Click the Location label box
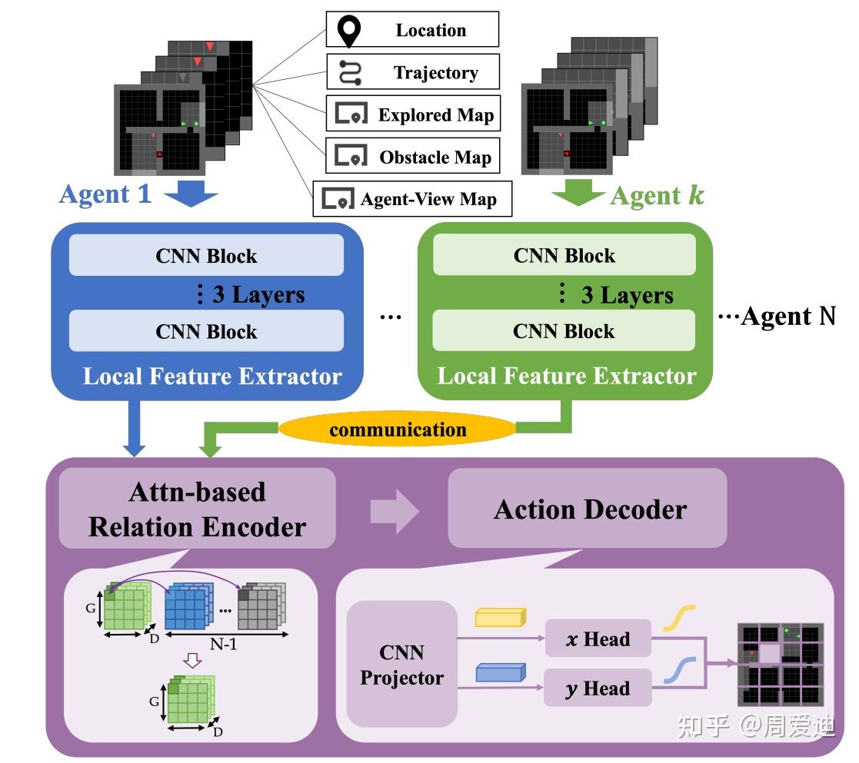coord(412,30)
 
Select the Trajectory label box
coord(413,72)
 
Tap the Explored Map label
coord(413,114)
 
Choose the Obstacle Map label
coord(413,157)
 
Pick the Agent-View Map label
coord(413,199)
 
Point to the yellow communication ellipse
coord(398,429)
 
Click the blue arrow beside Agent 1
coord(191,194)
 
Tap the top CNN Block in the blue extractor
coord(206,256)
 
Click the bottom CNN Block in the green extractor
coord(564,331)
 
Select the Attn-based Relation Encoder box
coord(197,509)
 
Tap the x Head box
coord(598,639)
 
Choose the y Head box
coord(598,688)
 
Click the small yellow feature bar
coord(500,617)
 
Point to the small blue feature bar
coord(500,673)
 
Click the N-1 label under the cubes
coord(225,645)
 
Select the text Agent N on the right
coord(786,316)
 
